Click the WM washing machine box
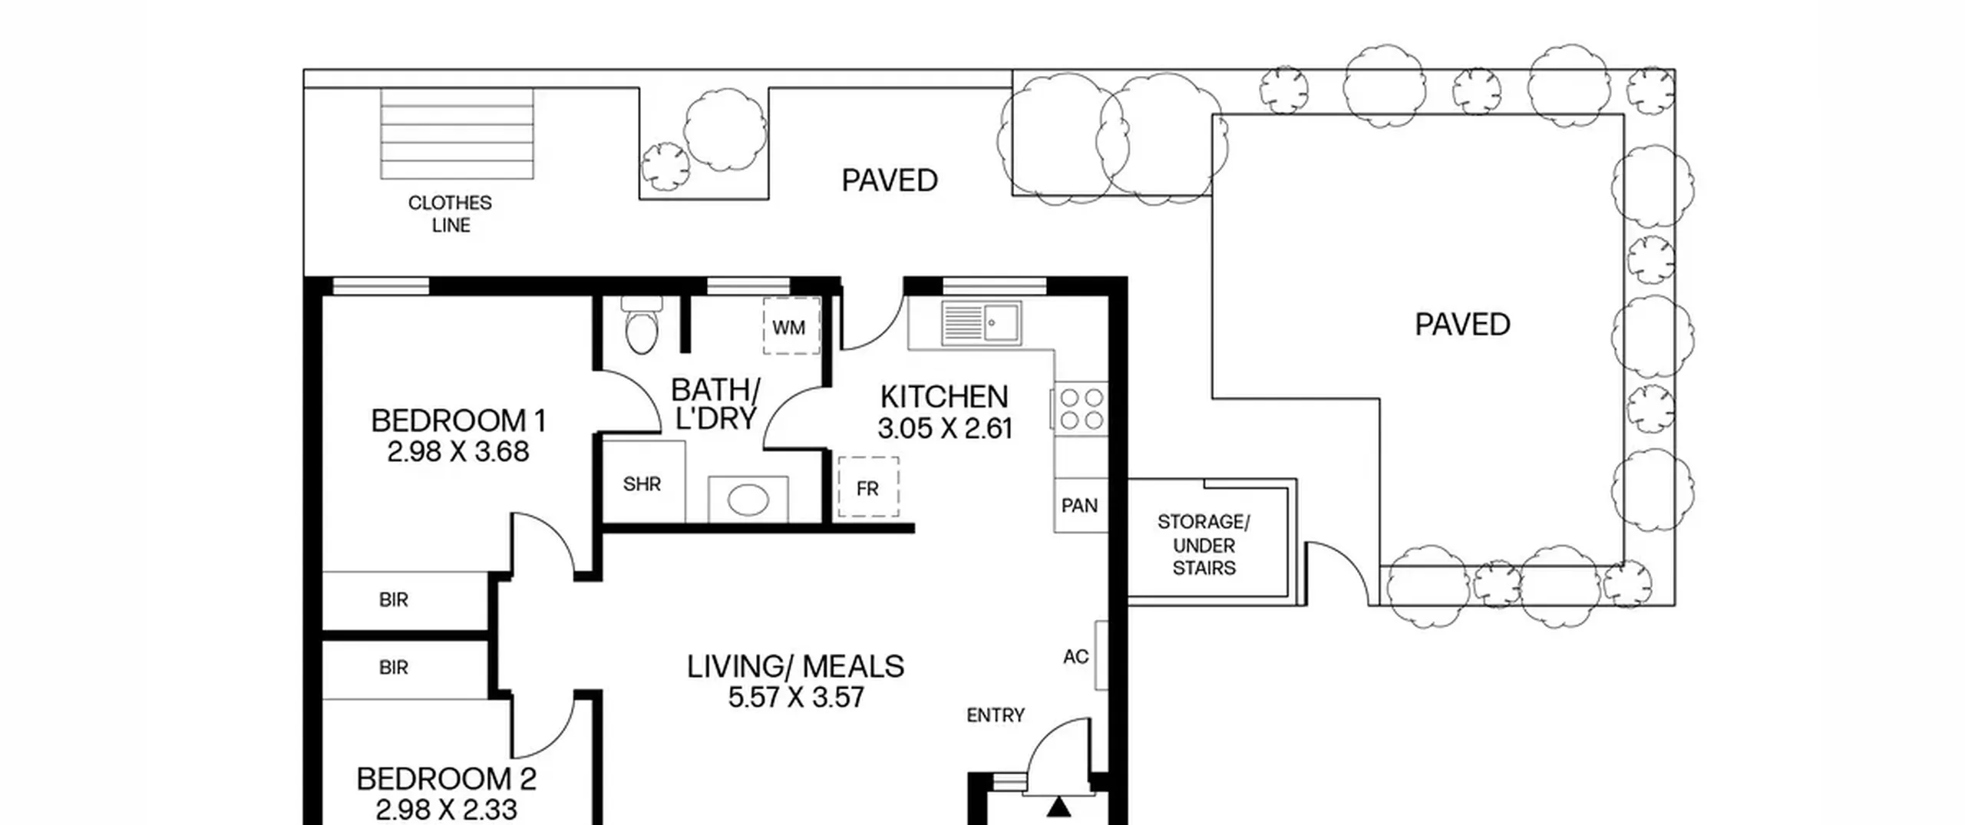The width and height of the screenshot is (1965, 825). (x=791, y=326)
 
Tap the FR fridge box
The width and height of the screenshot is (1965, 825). (x=868, y=487)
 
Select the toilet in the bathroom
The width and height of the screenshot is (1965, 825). (x=642, y=326)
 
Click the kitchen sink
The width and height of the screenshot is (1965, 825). (x=982, y=323)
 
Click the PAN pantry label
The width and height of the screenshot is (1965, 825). (x=1079, y=505)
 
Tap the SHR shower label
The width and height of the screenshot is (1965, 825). (x=642, y=484)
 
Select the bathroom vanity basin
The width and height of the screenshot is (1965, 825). (x=748, y=500)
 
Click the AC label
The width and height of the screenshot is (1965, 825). (x=1076, y=657)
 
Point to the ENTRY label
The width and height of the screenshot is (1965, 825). (x=996, y=715)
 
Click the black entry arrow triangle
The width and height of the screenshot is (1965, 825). (x=1059, y=807)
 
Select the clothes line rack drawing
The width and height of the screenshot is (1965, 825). (x=457, y=134)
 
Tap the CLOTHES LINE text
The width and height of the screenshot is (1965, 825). (x=451, y=214)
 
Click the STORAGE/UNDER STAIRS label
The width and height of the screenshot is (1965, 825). (x=1204, y=545)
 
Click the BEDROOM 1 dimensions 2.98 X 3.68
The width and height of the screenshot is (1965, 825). (x=458, y=452)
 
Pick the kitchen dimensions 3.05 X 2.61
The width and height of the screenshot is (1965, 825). (x=945, y=428)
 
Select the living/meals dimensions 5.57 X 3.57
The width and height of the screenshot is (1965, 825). (x=796, y=698)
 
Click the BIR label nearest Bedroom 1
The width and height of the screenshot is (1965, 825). (x=394, y=600)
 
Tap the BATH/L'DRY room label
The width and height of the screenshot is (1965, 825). (x=715, y=404)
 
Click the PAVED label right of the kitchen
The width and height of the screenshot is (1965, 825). (x=1462, y=325)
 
